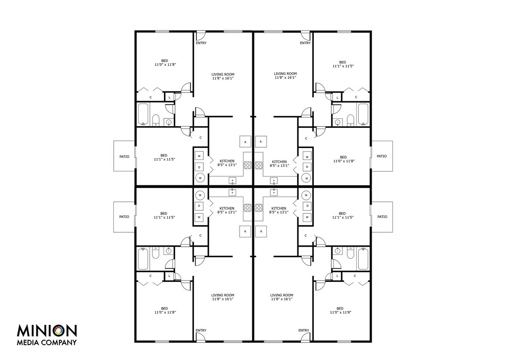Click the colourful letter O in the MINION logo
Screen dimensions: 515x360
tap(59, 331)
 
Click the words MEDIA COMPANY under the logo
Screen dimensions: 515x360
tap(47, 342)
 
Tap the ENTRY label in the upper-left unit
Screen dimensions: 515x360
tap(201, 43)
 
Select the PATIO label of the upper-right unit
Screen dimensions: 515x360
tap(382, 156)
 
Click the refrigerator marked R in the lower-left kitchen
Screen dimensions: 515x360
tap(245, 231)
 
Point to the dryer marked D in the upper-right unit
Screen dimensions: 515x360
tap(307, 167)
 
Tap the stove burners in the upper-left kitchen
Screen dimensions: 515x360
tap(248, 165)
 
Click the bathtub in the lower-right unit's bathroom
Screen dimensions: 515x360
tap(363, 259)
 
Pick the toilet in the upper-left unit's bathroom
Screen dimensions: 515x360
tap(156, 120)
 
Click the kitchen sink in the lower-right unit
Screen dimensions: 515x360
tap(274, 192)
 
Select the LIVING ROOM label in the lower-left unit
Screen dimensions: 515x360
tap(223, 295)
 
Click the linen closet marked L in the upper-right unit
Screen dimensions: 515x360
tap(337, 97)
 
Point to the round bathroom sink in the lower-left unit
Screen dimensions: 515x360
tap(169, 251)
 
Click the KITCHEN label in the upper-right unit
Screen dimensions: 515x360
tap(279, 162)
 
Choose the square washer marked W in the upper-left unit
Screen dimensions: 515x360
tap(199, 156)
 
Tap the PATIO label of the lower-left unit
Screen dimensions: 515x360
tap(124, 217)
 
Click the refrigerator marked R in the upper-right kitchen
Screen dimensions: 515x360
tap(261, 142)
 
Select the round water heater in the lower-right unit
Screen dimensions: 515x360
tap(306, 195)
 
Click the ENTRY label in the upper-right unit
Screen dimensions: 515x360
tap(305, 43)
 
